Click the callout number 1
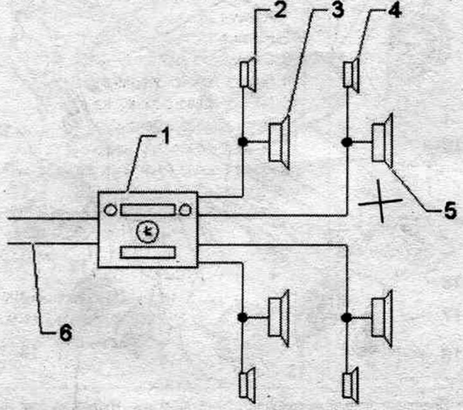[167, 138]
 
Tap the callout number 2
[280, 10]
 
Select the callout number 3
[337, 10]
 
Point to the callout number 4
[394, 10]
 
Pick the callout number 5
[449, 211]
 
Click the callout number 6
[66, 333]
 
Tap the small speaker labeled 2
[248, 75]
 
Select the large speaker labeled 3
[279, 143]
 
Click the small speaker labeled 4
[351, 75]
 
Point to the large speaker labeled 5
[383, 141]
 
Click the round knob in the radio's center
[147, 232]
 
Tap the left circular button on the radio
[111, 210]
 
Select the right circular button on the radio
[185, 210]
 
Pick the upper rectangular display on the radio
[148, 210]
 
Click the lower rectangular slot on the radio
[148, 253]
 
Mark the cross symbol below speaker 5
[381, 202]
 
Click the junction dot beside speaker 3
[242, 141]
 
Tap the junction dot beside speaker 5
[347, 142]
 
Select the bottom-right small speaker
[351, 386]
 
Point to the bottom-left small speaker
[248, 386]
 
